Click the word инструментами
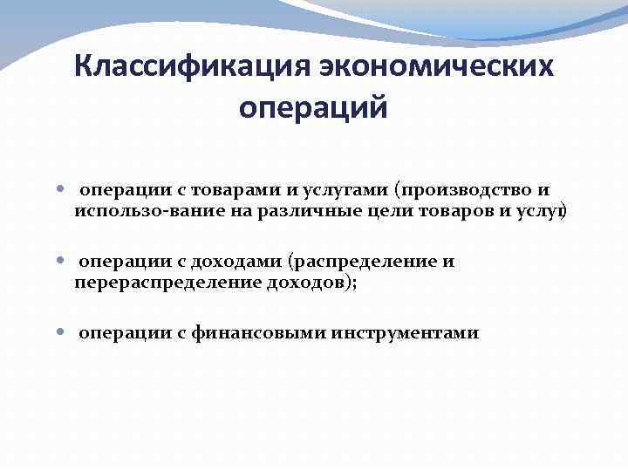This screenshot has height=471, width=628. (405, 333)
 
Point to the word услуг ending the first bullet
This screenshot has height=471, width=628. (543, 210)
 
